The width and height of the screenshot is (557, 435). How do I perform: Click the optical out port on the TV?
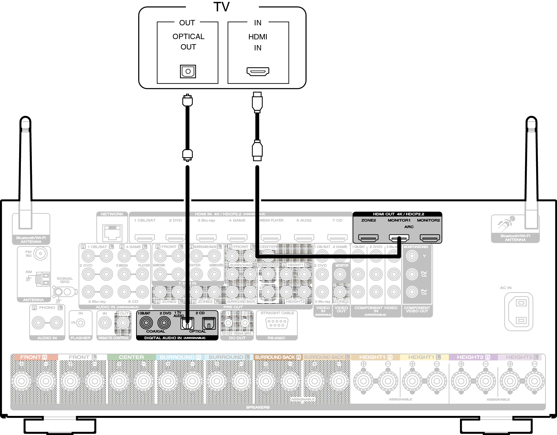point(188,71)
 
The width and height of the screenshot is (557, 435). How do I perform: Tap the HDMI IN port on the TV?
point(258,71)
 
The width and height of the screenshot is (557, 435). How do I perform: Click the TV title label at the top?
point(221,7)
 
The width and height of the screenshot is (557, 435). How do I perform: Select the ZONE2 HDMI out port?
point(368,238)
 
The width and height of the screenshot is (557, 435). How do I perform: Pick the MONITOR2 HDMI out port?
point(430,238)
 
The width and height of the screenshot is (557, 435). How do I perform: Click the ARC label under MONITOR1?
point(409,227)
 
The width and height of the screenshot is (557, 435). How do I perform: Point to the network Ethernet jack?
point(112,232)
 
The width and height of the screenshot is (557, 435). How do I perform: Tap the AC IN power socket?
point(518,311)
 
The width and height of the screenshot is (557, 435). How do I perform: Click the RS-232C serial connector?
point(277,323)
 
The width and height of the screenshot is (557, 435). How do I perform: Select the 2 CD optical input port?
point(209,323)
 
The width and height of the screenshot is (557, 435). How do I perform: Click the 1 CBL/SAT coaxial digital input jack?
point(146,323)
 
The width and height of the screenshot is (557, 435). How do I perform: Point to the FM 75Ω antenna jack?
point(40,254)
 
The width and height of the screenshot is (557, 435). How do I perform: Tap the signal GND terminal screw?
point(58,291)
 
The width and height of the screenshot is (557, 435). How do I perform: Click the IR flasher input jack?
point(80,323)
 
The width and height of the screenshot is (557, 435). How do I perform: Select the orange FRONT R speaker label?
point(34,357)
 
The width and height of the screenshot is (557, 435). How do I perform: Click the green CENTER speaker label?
point(131,357)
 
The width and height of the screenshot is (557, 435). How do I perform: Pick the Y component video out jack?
point(412,256)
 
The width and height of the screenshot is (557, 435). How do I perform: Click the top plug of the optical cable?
point(187,101)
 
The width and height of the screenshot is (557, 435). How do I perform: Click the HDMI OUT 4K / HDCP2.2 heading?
point(398,214)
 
